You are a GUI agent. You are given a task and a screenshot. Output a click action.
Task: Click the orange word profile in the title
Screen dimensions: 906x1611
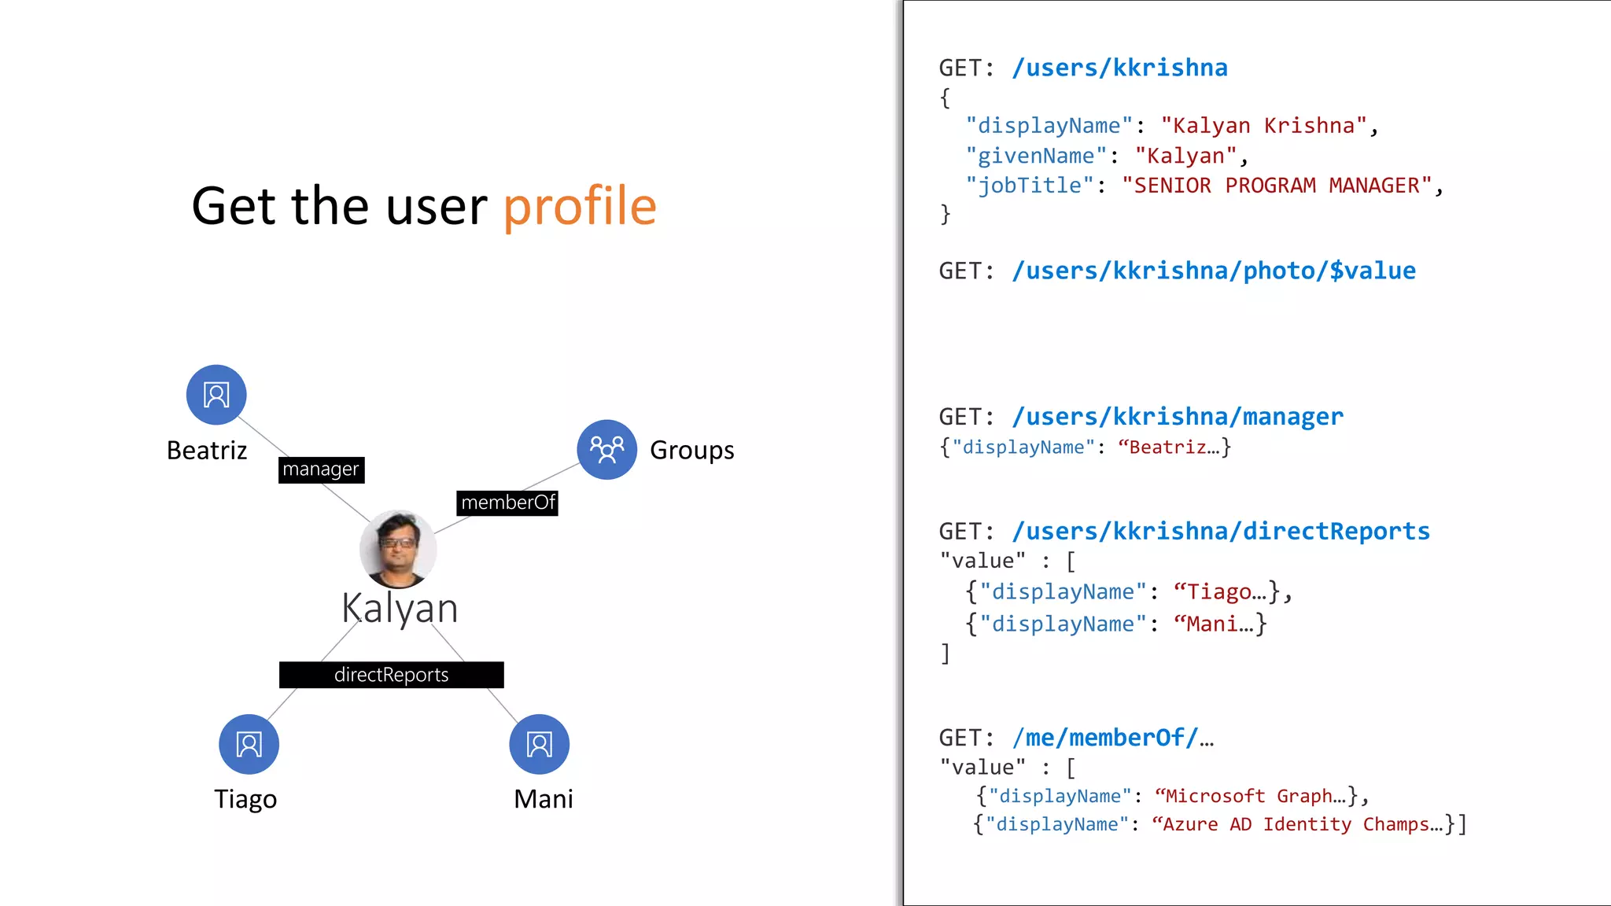[x=580, y=206]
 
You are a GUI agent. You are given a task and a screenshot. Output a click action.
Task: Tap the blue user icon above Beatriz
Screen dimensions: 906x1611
[x=216, y=394]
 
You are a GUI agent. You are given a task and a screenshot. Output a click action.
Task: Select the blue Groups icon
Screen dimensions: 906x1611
[x=606, y=449]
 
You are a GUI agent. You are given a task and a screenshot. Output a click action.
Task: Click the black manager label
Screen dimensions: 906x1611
[x=321, y=470]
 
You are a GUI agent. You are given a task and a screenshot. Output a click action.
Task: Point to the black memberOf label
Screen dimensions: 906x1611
[x=507, y=503]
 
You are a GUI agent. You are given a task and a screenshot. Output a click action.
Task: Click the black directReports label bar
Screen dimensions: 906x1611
[x=391, y=675]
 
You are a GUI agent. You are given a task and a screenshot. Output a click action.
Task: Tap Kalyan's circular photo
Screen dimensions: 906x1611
[x=398, y=548]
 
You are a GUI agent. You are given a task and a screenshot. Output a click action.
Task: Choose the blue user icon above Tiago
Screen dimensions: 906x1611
[x=249, y=744]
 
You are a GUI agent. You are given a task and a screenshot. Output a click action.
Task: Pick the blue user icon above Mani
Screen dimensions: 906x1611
[x=539, y=744]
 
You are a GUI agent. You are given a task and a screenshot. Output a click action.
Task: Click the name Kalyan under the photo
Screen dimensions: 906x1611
[x=400, y=609]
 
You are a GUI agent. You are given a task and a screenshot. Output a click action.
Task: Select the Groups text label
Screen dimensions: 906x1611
[x=691, y=450]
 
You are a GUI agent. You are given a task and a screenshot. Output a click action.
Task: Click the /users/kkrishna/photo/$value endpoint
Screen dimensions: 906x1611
[x=1214, y=271]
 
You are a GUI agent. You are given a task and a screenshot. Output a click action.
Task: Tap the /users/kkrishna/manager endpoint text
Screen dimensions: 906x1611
[x=1178, y=416]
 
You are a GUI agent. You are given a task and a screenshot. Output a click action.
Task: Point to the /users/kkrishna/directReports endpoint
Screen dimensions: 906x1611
[x=1221, y=531]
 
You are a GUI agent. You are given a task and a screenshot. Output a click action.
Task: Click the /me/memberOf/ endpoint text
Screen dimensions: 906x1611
[x=1113, y=738]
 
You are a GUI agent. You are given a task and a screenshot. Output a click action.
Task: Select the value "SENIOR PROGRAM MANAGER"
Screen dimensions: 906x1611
[x=1277, y=186]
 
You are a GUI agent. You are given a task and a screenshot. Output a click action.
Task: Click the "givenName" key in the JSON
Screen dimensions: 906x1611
[x=1036, y=156]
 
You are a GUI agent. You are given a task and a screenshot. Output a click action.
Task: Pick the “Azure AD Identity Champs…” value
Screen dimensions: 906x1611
[x=1298, y=824]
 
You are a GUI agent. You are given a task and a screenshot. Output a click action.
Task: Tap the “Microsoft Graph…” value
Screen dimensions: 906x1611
[x=1251, y=796]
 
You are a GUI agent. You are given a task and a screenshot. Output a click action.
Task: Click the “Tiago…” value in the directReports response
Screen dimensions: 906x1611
[x=1220, y=591]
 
